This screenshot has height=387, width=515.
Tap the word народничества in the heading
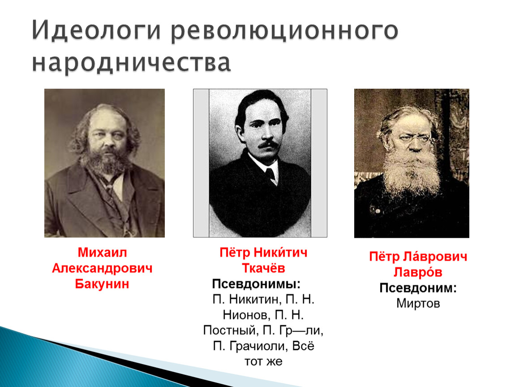[131, 62]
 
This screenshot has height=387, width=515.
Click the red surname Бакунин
[102, 284]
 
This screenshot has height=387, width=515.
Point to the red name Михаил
[102, 252]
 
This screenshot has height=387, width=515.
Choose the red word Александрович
[102, 268]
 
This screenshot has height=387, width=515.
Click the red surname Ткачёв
[263, 268]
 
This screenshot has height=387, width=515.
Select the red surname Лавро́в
[418, 272]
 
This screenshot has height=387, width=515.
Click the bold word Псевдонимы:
[256, 284]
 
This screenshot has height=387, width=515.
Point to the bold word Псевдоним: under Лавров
[418, 288]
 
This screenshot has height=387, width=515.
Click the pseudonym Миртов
[418, 303]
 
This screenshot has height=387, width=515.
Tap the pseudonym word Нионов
[246, 315]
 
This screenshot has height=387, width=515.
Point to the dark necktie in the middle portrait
[270, 174]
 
